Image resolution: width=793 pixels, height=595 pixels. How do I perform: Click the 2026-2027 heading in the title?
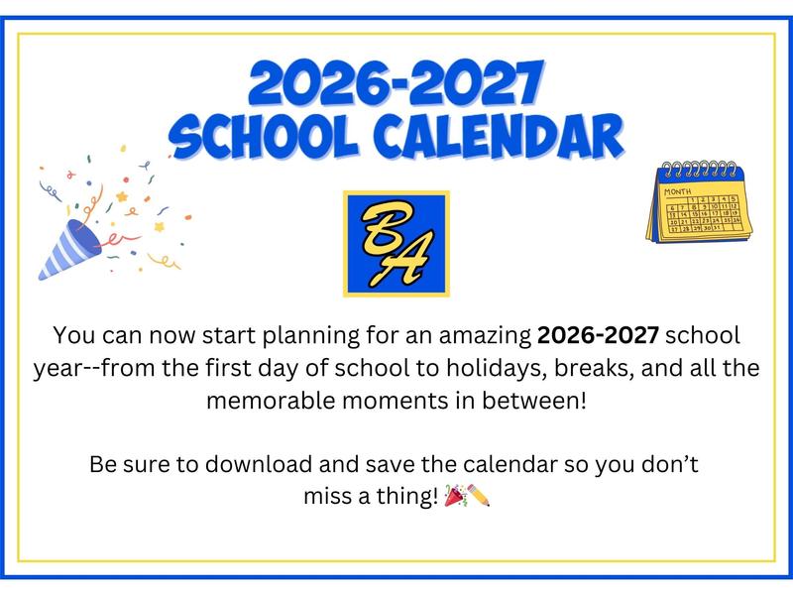coord(396,83)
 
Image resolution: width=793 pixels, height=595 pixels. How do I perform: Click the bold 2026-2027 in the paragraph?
coord(598,334)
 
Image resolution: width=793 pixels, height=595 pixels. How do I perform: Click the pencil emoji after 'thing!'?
coord(480,495)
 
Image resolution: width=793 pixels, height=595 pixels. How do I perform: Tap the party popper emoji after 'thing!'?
coord(455,495)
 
